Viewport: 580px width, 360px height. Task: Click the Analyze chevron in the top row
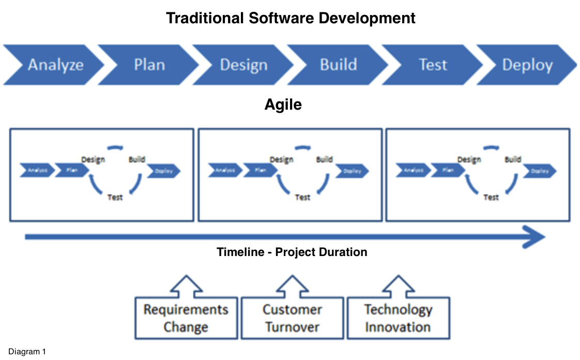[54, 65]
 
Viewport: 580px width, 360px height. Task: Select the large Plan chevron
[149, 65]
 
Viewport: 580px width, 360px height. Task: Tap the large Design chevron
[243, 65]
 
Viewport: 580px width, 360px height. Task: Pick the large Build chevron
[338, 65]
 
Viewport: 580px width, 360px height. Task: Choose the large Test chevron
[433, 65]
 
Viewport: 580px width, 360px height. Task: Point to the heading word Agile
[283, 104]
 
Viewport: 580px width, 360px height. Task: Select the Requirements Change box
[186, 318]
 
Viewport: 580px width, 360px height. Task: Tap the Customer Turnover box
[292, 318]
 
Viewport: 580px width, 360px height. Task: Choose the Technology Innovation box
[398, 318]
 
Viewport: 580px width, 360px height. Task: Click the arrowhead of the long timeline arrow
[535, 237]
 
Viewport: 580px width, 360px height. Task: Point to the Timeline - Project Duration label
[292, 252]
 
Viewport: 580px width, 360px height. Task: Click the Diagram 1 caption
[27, 352]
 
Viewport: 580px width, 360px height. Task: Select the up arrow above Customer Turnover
[292, 286]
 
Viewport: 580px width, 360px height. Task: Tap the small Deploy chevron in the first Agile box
[164, 171]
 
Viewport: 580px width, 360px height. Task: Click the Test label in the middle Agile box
[302, 197]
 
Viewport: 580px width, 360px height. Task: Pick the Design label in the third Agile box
[469, 160]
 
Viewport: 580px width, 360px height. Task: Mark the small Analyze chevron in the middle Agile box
[225, 170]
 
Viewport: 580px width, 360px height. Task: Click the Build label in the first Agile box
[136, 159]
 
